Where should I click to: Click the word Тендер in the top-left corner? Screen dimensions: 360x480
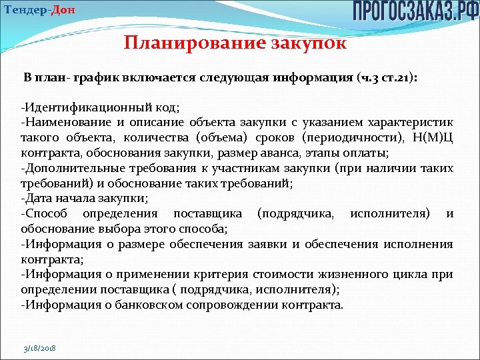point(23,9)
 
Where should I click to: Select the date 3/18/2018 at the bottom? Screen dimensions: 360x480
point(39,349)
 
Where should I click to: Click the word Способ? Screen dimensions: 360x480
point(45,213)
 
